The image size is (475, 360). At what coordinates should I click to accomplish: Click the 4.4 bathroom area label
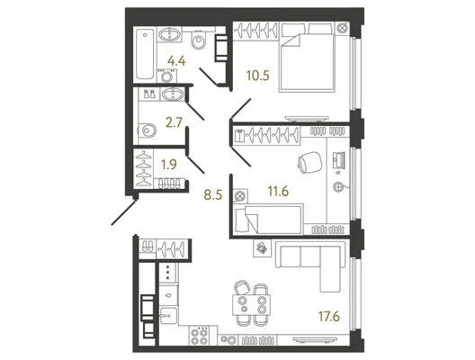(176, 61)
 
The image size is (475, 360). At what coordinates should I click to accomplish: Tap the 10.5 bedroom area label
(257, 76)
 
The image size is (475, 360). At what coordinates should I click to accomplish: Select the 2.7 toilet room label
(174, 122)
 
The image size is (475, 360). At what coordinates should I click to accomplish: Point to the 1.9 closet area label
(168, 165)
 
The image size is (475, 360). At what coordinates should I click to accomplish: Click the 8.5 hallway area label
(213, 195)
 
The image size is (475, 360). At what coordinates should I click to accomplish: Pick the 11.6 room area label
(278, 191)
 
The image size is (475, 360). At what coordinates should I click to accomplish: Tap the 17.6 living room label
(328, 317)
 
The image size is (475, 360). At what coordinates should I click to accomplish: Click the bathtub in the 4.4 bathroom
(145, 54)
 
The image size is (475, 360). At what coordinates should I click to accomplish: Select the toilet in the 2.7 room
(148, 130)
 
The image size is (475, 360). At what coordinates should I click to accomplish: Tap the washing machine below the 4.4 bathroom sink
(166, 76)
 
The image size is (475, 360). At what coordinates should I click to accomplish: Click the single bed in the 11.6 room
(269, 219)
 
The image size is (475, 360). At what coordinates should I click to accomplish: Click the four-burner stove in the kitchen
(200, 336)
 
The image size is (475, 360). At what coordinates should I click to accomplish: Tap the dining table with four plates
(251, 304)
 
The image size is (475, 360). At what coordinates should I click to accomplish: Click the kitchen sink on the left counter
(168, 316)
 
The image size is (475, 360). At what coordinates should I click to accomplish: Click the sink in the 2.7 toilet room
(173, 94)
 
